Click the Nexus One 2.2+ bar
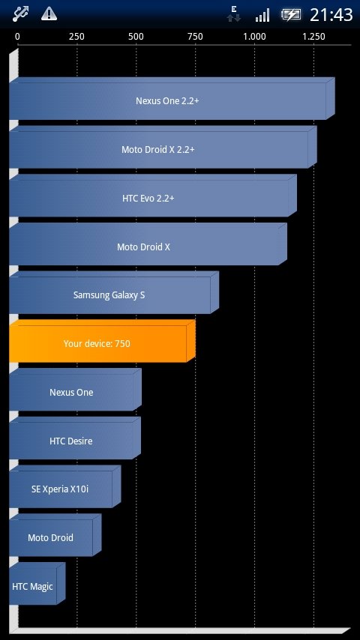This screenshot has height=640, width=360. click(x=172, y=98)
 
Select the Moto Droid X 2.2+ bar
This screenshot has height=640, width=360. click(x=163, y=147)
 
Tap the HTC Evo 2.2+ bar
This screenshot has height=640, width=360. click(x=153, y=196)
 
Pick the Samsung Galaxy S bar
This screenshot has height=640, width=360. click(x=114, y=293)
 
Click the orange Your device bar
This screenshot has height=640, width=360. click(x=102, y=341)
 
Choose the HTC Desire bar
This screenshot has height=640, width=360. click(x=75, y=438)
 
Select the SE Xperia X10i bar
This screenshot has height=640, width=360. click(x=65, y=487)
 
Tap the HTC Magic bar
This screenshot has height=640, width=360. click(x=37, y=584)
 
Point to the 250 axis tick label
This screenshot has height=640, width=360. click(x=76, y=37)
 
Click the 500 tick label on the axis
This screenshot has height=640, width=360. click(x=136, y=37)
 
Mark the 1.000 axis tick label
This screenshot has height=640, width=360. click(x=254, y=37)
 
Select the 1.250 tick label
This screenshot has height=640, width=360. click(x=313, y=37)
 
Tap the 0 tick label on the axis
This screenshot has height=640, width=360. click(x=17, y=37)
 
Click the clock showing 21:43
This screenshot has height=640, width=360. click(x=331, y=15)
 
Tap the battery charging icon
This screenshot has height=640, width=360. click(x=290, y=15)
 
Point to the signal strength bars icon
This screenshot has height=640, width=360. click(x=262, y=15)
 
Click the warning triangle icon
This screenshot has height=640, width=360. click(x=49, y=14)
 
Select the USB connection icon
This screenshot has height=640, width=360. click(x=20, y=14)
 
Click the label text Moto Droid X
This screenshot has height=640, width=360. click(x=143, y=247)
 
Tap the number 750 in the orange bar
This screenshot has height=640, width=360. click(x=122, y=344)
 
